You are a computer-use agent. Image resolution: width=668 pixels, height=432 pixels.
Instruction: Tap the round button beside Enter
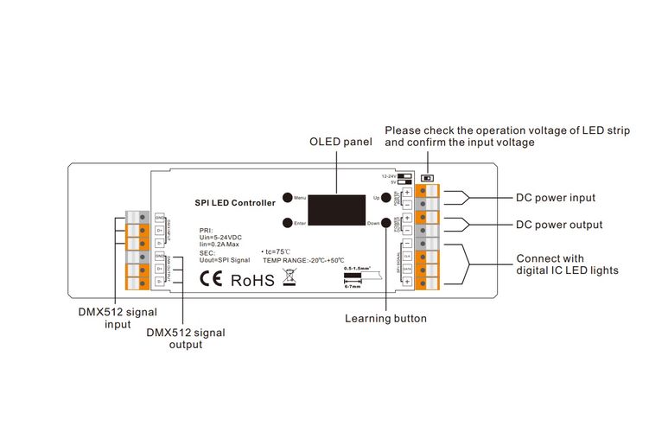point(286,223)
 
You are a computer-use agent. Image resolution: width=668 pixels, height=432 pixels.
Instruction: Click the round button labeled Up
point(386,197)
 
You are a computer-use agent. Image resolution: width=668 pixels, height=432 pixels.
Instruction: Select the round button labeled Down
point(386,223)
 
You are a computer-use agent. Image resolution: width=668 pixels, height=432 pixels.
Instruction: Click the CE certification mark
point(211,279)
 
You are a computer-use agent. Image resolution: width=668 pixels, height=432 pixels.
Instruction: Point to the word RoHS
point(252,280)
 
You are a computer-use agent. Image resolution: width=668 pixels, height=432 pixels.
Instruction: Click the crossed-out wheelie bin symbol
point(289,278)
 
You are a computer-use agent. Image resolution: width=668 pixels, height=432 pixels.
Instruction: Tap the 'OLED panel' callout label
point(341,142)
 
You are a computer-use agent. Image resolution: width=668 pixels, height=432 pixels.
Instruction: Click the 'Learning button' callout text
point(385,319)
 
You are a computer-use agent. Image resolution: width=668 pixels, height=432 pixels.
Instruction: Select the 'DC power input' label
point(556,198)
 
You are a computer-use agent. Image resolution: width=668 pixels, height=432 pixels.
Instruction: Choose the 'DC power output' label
point(559,225)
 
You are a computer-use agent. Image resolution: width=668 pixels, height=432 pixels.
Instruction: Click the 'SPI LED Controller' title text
point(235,203)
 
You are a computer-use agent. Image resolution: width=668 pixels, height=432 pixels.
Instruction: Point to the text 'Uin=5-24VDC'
point(220,238)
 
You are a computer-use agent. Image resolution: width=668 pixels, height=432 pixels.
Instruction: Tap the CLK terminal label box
point(406,257)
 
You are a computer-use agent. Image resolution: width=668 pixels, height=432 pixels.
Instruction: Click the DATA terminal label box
point(406,270)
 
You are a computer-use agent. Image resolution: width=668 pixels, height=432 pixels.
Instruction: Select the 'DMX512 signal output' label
point(186,338)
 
